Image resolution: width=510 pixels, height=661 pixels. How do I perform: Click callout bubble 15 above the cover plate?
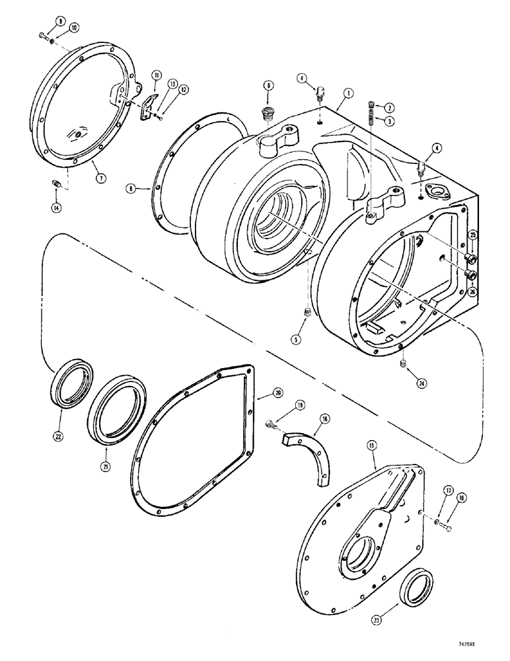tap(372, 447)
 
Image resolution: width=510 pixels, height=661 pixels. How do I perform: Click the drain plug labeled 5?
tap(306, 312)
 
